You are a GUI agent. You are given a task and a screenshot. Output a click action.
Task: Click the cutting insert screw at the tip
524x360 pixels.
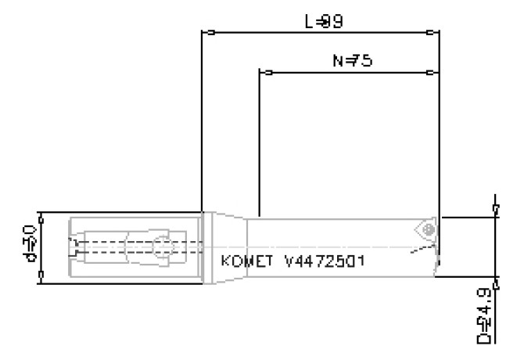pos(427,229)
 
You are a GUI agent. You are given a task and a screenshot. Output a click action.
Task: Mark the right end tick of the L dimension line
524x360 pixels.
pos(432,33)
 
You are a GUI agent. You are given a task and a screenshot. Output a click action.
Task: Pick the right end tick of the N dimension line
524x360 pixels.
pos(432,73)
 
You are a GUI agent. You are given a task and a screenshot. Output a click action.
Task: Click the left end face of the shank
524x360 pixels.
pos(71,247)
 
